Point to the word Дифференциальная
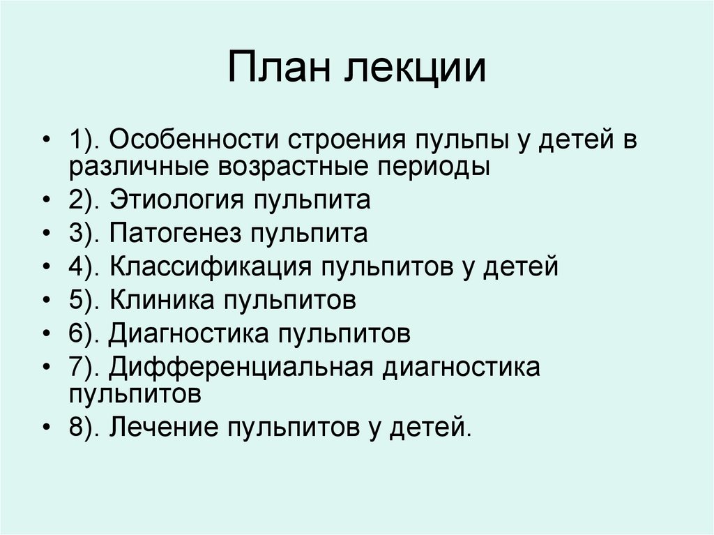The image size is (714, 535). pyautogui.click(x=238, y=366)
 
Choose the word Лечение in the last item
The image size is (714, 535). pyautogui.click(x=160, y=426)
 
